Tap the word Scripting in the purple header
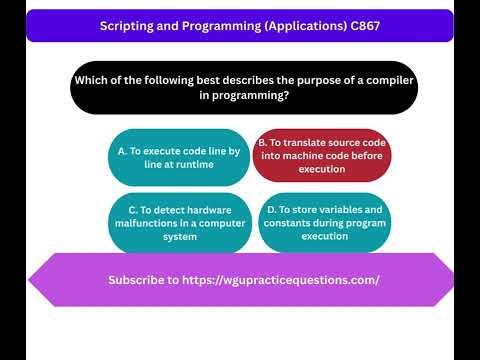(x=128, y=26)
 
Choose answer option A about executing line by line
(x=178, y=157)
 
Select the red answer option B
(x=321, y=157)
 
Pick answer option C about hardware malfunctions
(x=178, y=223)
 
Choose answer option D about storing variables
(x=321, y=223)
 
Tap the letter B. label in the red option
(x=263, y=144)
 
